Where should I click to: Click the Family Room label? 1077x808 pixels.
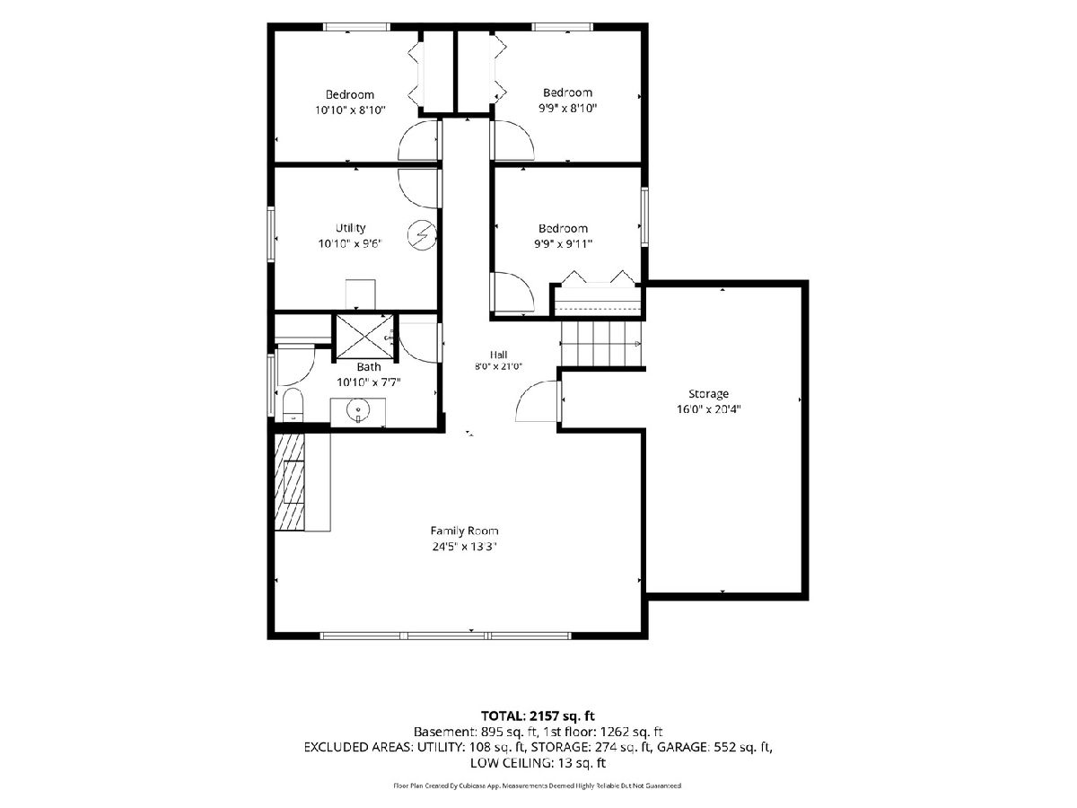(464, 531)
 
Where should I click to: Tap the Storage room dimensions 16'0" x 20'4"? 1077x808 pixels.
(708, 409)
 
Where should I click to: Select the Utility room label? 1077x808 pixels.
(350, 228)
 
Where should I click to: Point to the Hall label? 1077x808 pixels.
(498, 355)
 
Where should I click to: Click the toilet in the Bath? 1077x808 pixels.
(293, 405)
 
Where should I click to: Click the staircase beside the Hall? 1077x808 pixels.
(601, 344)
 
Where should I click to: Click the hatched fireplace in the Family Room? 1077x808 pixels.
(290, 482)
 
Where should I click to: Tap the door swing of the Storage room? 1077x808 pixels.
(537, 401)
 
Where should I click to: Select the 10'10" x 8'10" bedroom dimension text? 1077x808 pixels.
(350, 110)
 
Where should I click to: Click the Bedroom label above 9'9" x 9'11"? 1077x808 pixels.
(563, 228)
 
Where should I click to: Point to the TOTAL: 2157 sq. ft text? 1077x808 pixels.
(538, 716)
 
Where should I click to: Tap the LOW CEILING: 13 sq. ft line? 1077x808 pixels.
(538, 763)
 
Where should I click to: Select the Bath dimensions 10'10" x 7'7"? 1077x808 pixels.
(369, 382)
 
